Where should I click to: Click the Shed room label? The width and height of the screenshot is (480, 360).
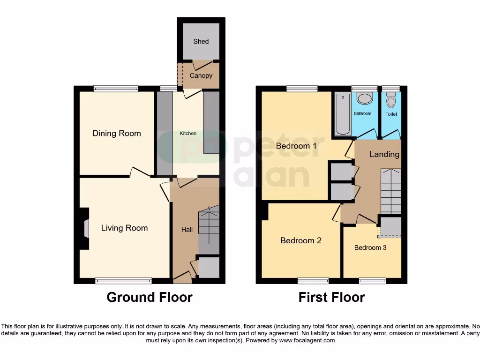coord(201,41)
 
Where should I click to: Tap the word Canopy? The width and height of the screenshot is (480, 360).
coord(201,75)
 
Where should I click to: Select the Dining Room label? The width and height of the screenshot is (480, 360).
coord(116,134)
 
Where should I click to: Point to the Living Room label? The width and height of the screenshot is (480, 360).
coord(124,228)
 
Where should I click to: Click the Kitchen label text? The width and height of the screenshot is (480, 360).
coord(188,134)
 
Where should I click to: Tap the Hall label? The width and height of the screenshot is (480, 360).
coord(187,230)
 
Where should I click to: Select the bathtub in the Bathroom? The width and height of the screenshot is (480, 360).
coord(343,114)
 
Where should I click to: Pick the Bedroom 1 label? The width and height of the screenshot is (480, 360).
coord(296,146)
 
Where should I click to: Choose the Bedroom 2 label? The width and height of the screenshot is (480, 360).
coord(300,240)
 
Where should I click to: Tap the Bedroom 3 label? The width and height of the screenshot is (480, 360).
coord(370,247)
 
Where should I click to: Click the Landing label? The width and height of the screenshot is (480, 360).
coord(384,154)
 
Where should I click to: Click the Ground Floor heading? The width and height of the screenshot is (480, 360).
coord(150,297)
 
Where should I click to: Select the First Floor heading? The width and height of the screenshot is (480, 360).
coord(331,297)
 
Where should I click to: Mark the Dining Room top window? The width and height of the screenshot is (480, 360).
coord(116,88)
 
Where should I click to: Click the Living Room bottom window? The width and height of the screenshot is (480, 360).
coord(124,281)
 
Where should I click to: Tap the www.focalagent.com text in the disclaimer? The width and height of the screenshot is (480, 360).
coord(307,341)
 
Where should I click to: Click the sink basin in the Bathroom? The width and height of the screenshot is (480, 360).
coord(364,98)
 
